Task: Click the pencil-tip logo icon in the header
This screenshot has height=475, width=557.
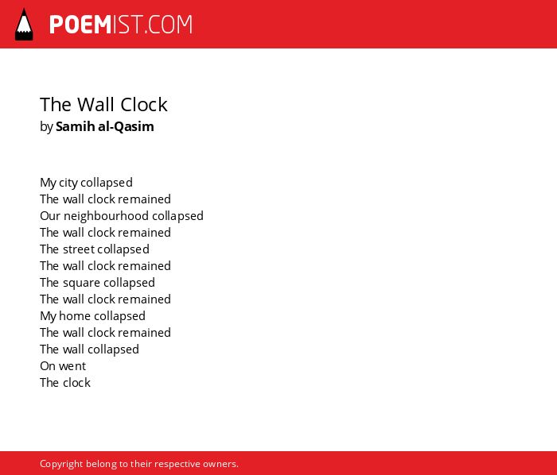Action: point(24,25)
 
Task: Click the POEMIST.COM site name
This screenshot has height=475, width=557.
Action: point(121,25)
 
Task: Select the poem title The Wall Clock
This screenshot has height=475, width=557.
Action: point(103,105)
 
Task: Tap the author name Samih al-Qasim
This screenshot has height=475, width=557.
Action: point(105,126)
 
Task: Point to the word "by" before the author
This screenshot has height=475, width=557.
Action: point(46,127)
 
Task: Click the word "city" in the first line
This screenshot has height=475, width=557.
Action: point(68,183)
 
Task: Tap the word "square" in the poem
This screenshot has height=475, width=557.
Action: point(76,284)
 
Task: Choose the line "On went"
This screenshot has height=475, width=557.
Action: point(63,366)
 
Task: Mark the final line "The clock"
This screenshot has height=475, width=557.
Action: point(65,383)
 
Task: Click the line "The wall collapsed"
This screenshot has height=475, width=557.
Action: point(89,349)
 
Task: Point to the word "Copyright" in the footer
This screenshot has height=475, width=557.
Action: point(61,464)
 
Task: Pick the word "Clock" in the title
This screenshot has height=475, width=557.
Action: point(144,105)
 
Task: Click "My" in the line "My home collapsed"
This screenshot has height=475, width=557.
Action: point(48,316)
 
